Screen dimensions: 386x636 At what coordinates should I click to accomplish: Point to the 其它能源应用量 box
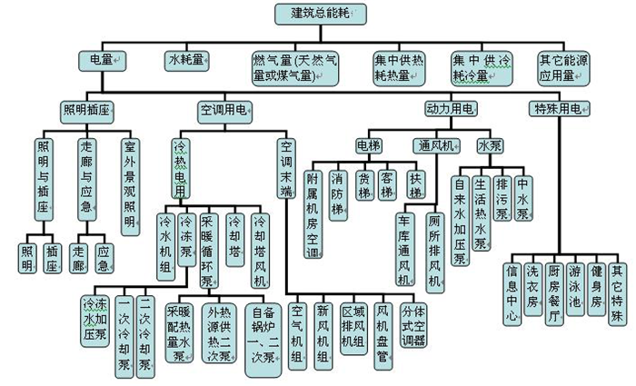coord(569,68)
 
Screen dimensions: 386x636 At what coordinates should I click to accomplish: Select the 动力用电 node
coord(449,109)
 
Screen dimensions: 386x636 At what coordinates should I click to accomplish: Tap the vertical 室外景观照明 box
coord(132,183)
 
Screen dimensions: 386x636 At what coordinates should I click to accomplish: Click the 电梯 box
coord(369,144)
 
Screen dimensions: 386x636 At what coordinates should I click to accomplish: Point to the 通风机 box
coord(432,144)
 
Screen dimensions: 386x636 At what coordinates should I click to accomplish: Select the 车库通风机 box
coord(403,249)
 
